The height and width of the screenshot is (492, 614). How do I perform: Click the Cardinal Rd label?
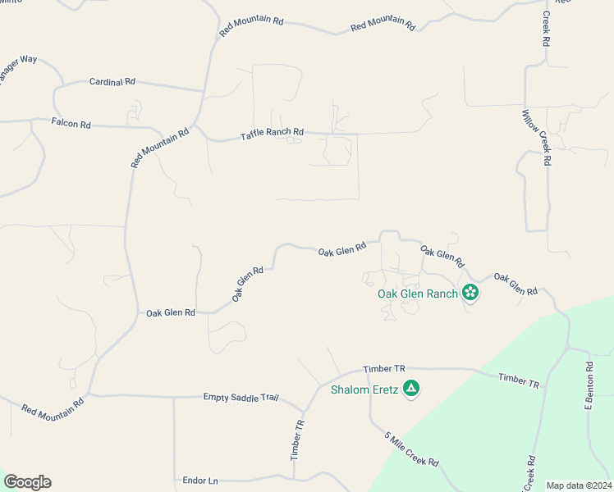click(112, 82)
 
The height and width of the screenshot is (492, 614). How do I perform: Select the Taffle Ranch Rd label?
click(272, 133)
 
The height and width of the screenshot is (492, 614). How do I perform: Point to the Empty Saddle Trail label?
click(241, 397)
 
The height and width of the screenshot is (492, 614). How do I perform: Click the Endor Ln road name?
click(200, 479)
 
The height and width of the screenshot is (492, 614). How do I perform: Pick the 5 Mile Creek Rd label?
click(411, 450)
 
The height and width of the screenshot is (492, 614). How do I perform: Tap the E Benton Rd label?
click(589, 385)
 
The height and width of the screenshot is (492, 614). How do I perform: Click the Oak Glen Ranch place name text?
click(417, 294)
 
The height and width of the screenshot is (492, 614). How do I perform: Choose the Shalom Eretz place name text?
click(364, 389)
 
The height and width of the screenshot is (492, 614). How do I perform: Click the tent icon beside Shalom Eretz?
click(411, 389)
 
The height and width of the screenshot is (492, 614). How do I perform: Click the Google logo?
click(27, 482)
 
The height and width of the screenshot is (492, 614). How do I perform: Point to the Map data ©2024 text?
click(579, 485)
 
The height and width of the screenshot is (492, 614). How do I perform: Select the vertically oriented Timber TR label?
click(299, 440)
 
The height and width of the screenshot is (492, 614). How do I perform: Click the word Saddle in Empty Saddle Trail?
click(241, 397)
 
